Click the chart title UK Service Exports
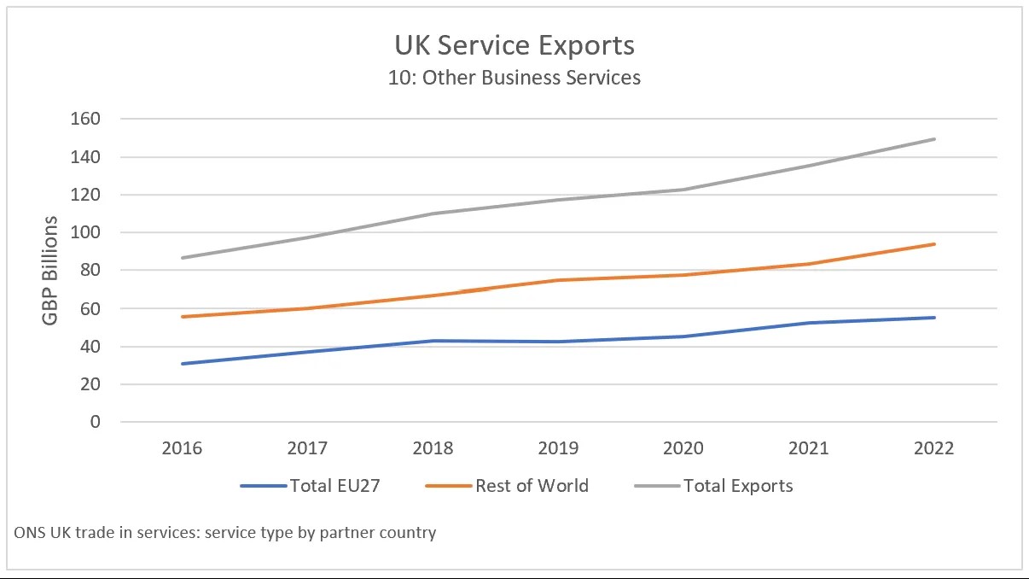pyautogui.click(x=514, y=44)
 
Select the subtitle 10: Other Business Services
pyautogui.click(x=514, y=78)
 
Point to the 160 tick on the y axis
pyautogui.click(x=85, y=119)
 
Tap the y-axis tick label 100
pyautogui.click(x=85, y=232)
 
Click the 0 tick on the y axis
pyautogui.click(x=95, y=422)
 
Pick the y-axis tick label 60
pyautogui.click(x=90, y=308)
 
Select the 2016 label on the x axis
pyautogui.click(x=182, y=448)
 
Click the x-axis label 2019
pyautogui.click(x=558, y=448)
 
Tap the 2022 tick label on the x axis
pyautogui.click(x=933, y=448)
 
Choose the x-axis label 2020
pyautogui.click(x=683, y=448)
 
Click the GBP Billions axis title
pyautogui.click(x=51, y=270)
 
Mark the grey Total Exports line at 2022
pyautogui.click(x=933, y=139)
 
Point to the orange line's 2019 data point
pyautogui.click(x=558, y=280)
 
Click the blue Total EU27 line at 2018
pyautogui.click(x=433, y=341)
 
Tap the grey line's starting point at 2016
pyautogui.click(x=182, y=258)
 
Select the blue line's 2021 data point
pyautogui.click(x=809, y=323)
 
